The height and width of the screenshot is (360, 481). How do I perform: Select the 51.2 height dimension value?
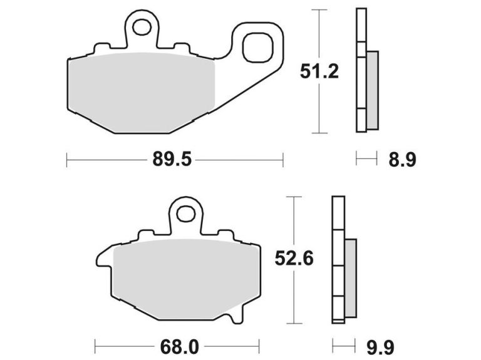coord(319,72)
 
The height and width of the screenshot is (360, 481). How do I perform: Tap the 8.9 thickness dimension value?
coord(402,160)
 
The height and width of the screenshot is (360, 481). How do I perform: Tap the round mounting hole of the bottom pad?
coord(185,214)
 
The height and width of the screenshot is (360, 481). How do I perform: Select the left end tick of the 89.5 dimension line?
coord(67,160)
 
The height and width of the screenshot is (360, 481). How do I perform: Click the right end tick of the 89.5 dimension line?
coord(283,160)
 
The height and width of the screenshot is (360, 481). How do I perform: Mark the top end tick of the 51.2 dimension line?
coord(319,10)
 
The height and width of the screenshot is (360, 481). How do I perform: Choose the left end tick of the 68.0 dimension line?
coord(95,345)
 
